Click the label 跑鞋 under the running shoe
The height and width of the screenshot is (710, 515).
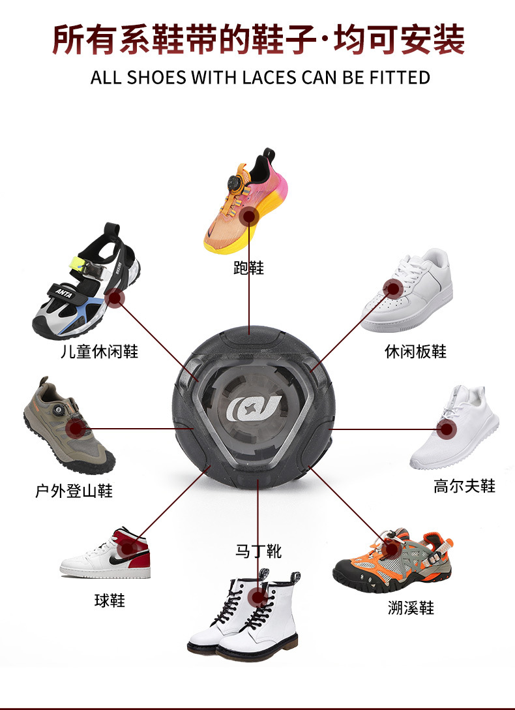click(x=248, y=268)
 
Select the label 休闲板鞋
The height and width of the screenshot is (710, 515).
click(x=415, y=352)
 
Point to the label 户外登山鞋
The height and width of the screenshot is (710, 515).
click(x=74, y=491)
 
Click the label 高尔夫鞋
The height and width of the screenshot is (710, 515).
click(x=464, y=486)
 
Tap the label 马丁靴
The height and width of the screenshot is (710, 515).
click(x=258, y=551)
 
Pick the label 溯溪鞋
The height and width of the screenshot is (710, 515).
click(x=410, y=608)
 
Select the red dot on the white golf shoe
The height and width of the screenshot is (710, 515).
click(x=446, y=429)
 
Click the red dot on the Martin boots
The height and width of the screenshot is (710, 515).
click(x=259, y=596)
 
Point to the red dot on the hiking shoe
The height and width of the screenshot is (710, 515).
click(x=78, y=428)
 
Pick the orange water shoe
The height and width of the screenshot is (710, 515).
click(x=392, y=558)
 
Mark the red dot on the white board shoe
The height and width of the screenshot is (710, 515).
click(x=392, y=288)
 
